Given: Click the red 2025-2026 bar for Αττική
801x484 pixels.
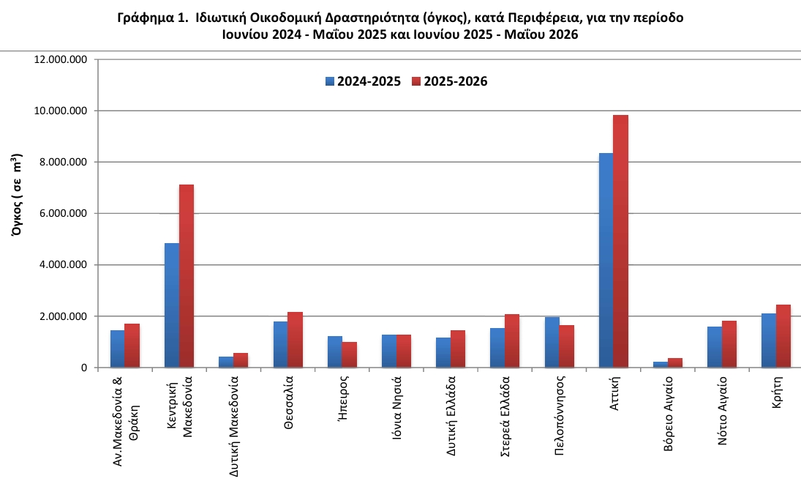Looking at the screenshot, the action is [x=620, y=241].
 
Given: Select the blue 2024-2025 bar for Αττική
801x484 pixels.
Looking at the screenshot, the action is [x=606, y=260].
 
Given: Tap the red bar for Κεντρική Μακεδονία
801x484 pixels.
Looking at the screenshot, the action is [x=187, y=276].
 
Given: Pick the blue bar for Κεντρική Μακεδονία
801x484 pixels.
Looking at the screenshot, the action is [x=172, y=305].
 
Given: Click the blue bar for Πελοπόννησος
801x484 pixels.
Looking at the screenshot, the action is [x=552, y=343].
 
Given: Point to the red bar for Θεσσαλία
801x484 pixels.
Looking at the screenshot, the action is [x=295, y=340].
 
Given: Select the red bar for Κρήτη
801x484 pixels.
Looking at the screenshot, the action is [x=783, y=336].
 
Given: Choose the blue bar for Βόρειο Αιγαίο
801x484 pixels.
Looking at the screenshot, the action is [x=661, y=365].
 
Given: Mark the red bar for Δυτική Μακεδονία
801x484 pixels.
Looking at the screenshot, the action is [x=241, y=360].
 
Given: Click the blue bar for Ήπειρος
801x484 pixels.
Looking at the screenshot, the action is [x=334, y=351].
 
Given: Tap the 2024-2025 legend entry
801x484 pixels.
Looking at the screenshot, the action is [x=364, y=81].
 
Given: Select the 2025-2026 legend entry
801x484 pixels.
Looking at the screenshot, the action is [x=450, y=81].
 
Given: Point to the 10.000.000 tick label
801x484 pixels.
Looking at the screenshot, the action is [x=61, y=111].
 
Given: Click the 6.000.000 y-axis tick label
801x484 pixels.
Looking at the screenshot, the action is [x=64, y=214].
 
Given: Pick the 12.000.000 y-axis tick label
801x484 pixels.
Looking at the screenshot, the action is [x=61, y=60].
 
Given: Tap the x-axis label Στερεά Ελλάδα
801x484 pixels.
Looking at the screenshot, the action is [x=505, y=416].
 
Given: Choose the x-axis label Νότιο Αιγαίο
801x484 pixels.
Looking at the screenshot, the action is [x=722, y=410].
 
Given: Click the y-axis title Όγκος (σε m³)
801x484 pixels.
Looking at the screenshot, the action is [x=16, y=194].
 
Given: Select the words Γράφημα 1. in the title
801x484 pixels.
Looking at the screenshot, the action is [x=153, y=18].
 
